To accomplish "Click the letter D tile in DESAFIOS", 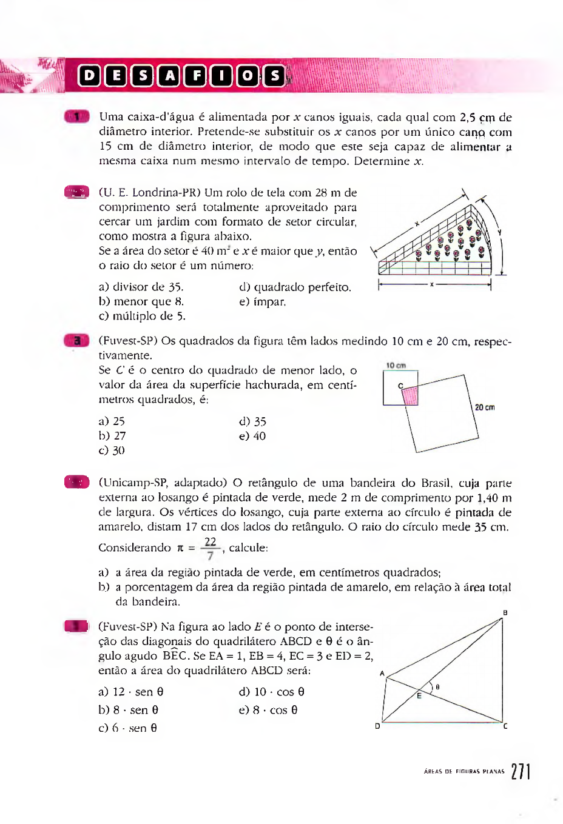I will [89, 76].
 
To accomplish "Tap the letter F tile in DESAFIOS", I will [195, 76].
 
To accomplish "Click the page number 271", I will [521, 771].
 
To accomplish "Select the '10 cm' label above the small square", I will [396, 366].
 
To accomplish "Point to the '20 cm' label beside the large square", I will [485, 407].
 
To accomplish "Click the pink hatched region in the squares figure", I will [411, 396].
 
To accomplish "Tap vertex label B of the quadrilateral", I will [505, 613].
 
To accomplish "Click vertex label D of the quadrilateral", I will [377, 726].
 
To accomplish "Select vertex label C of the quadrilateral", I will [505, 726].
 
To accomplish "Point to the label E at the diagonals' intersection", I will [419, 696].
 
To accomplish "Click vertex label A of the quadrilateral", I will [382, 673].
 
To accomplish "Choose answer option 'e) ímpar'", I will [262, 301].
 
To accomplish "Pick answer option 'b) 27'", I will [112, 436].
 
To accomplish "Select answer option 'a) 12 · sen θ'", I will [131, 692].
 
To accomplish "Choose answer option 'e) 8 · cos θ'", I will [268, 710].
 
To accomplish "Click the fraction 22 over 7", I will [210, 548].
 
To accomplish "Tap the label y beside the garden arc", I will [499, 232].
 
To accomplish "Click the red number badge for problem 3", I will [76, 341].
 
